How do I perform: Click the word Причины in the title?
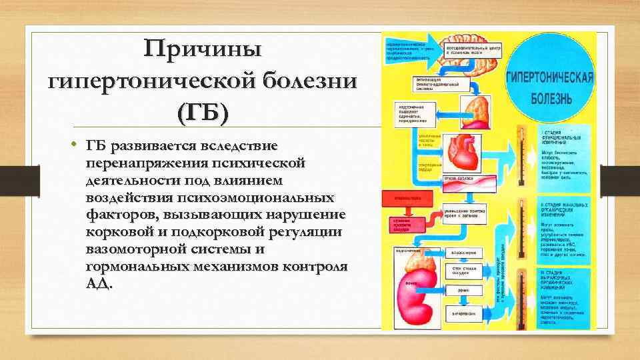coord(204,49)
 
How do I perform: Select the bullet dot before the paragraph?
coord(77,145)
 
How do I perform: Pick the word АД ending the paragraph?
coord(97,283)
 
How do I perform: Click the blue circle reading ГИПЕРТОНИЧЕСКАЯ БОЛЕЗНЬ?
coord(549,88)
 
